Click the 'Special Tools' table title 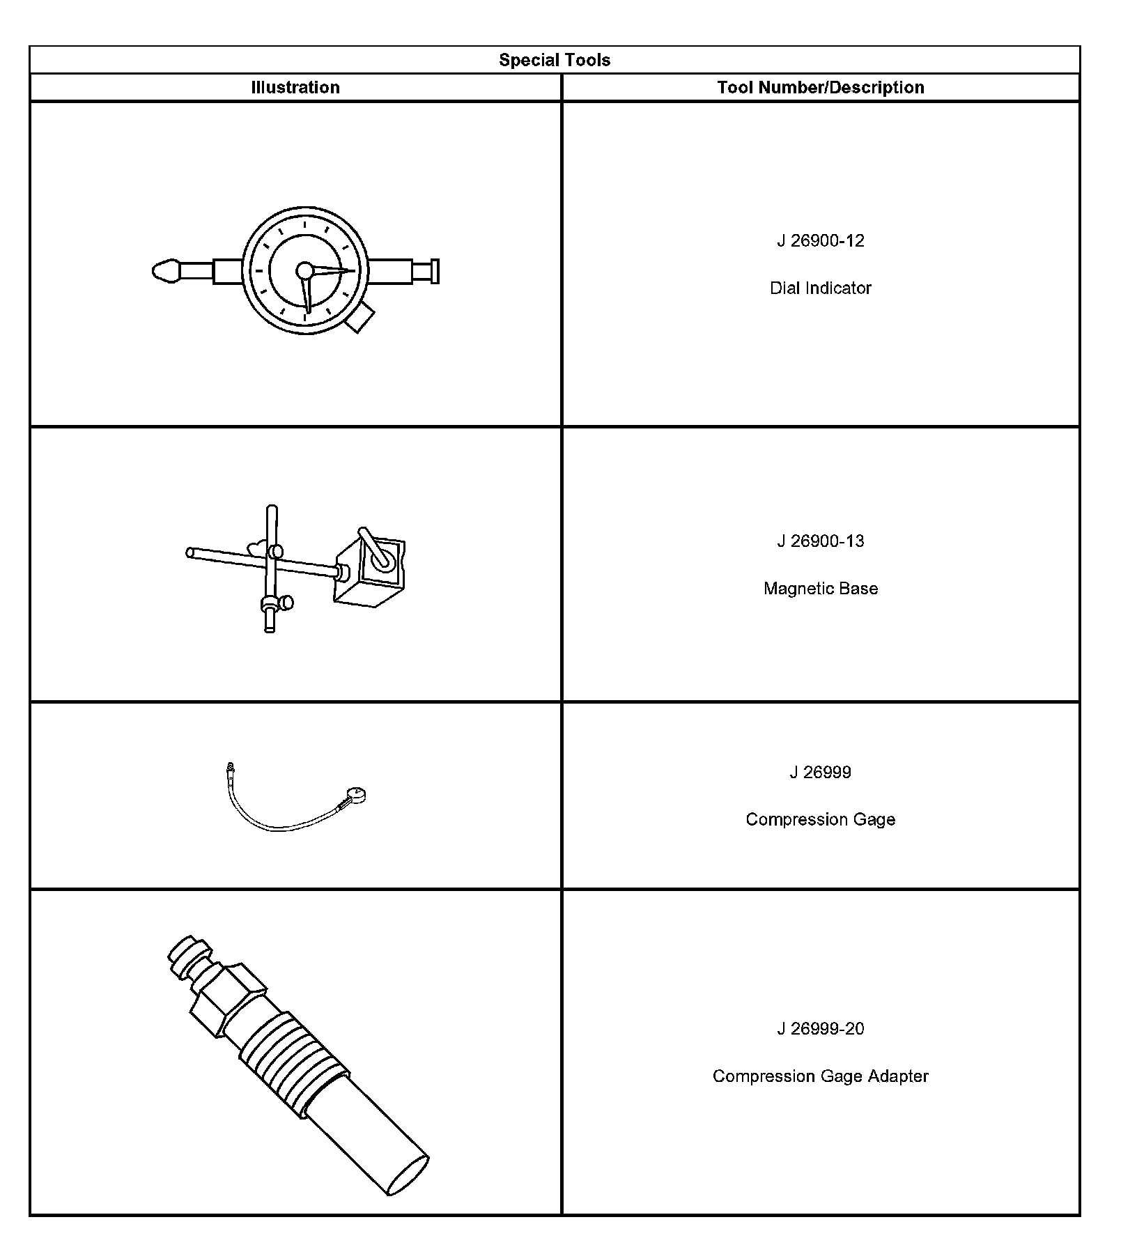[555, 60]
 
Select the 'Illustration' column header [295, 87]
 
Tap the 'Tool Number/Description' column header [821, 87]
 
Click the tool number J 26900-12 [821, 240]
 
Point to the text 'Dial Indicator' [821, 288]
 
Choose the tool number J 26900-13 [821, 541]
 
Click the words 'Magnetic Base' [821, 588]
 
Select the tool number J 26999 [821, 772]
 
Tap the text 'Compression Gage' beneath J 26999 [821, 819]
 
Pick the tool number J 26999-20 [821, 1028]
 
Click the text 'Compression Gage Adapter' [821, 1076]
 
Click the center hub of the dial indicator [304, 270]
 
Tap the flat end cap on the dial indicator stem [435, 271]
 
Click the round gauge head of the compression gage [357, 794]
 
